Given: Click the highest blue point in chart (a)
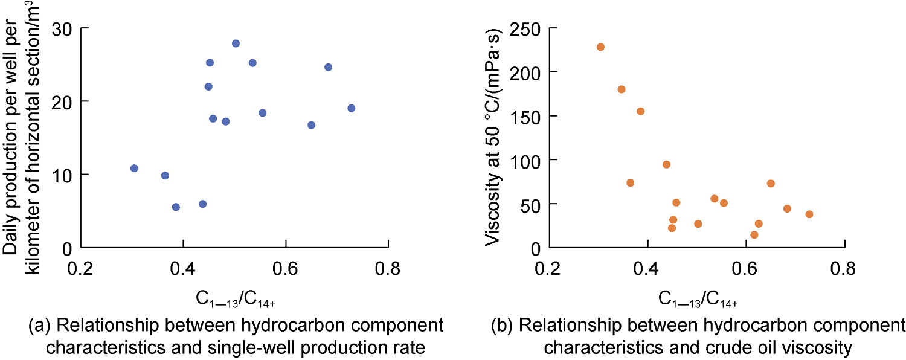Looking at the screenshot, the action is (236, 43).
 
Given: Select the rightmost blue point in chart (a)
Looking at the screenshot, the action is (351, 108).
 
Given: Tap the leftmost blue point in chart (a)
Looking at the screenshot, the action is (134, 168).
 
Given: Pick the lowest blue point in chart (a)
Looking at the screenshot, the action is (176, 207).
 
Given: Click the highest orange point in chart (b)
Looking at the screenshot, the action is (600, 47).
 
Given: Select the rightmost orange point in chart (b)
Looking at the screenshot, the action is (809, 214).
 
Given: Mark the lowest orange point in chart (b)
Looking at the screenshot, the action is (754, 234).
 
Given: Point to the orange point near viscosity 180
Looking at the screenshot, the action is (622, 89).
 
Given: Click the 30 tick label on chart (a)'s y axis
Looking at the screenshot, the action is (62, 29).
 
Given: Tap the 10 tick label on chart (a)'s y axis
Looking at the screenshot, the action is (62, 175).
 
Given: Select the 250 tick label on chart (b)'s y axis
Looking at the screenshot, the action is (525, 29).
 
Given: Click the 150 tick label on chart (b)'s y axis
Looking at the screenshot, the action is (525, 116).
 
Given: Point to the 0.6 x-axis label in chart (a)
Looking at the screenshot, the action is (286, 269).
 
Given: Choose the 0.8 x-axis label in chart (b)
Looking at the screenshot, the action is (844, 269).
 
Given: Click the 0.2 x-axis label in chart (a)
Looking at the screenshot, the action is (80, 269).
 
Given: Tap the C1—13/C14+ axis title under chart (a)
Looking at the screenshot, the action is (236, 300).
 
